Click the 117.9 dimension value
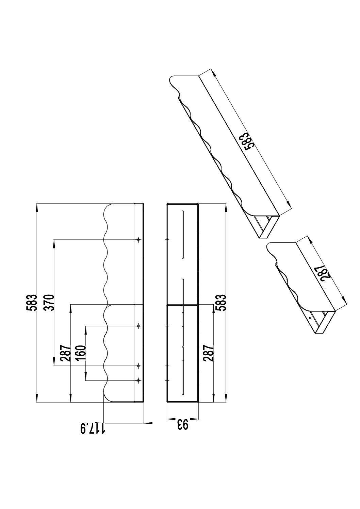click(x=93, y=428)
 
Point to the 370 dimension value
click(x=50, y=303)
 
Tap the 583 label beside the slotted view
click(x=221, y=303)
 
